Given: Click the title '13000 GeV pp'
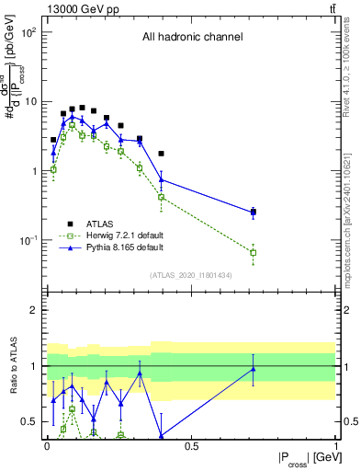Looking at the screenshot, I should (80, 9).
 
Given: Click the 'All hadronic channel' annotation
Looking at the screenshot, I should (192, 38).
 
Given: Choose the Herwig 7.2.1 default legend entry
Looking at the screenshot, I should (119, 235).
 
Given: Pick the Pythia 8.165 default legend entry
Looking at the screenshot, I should (119, 247).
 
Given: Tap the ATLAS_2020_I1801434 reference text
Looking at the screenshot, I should (191, 275).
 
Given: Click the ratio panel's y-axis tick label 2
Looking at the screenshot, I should (32, 310).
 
